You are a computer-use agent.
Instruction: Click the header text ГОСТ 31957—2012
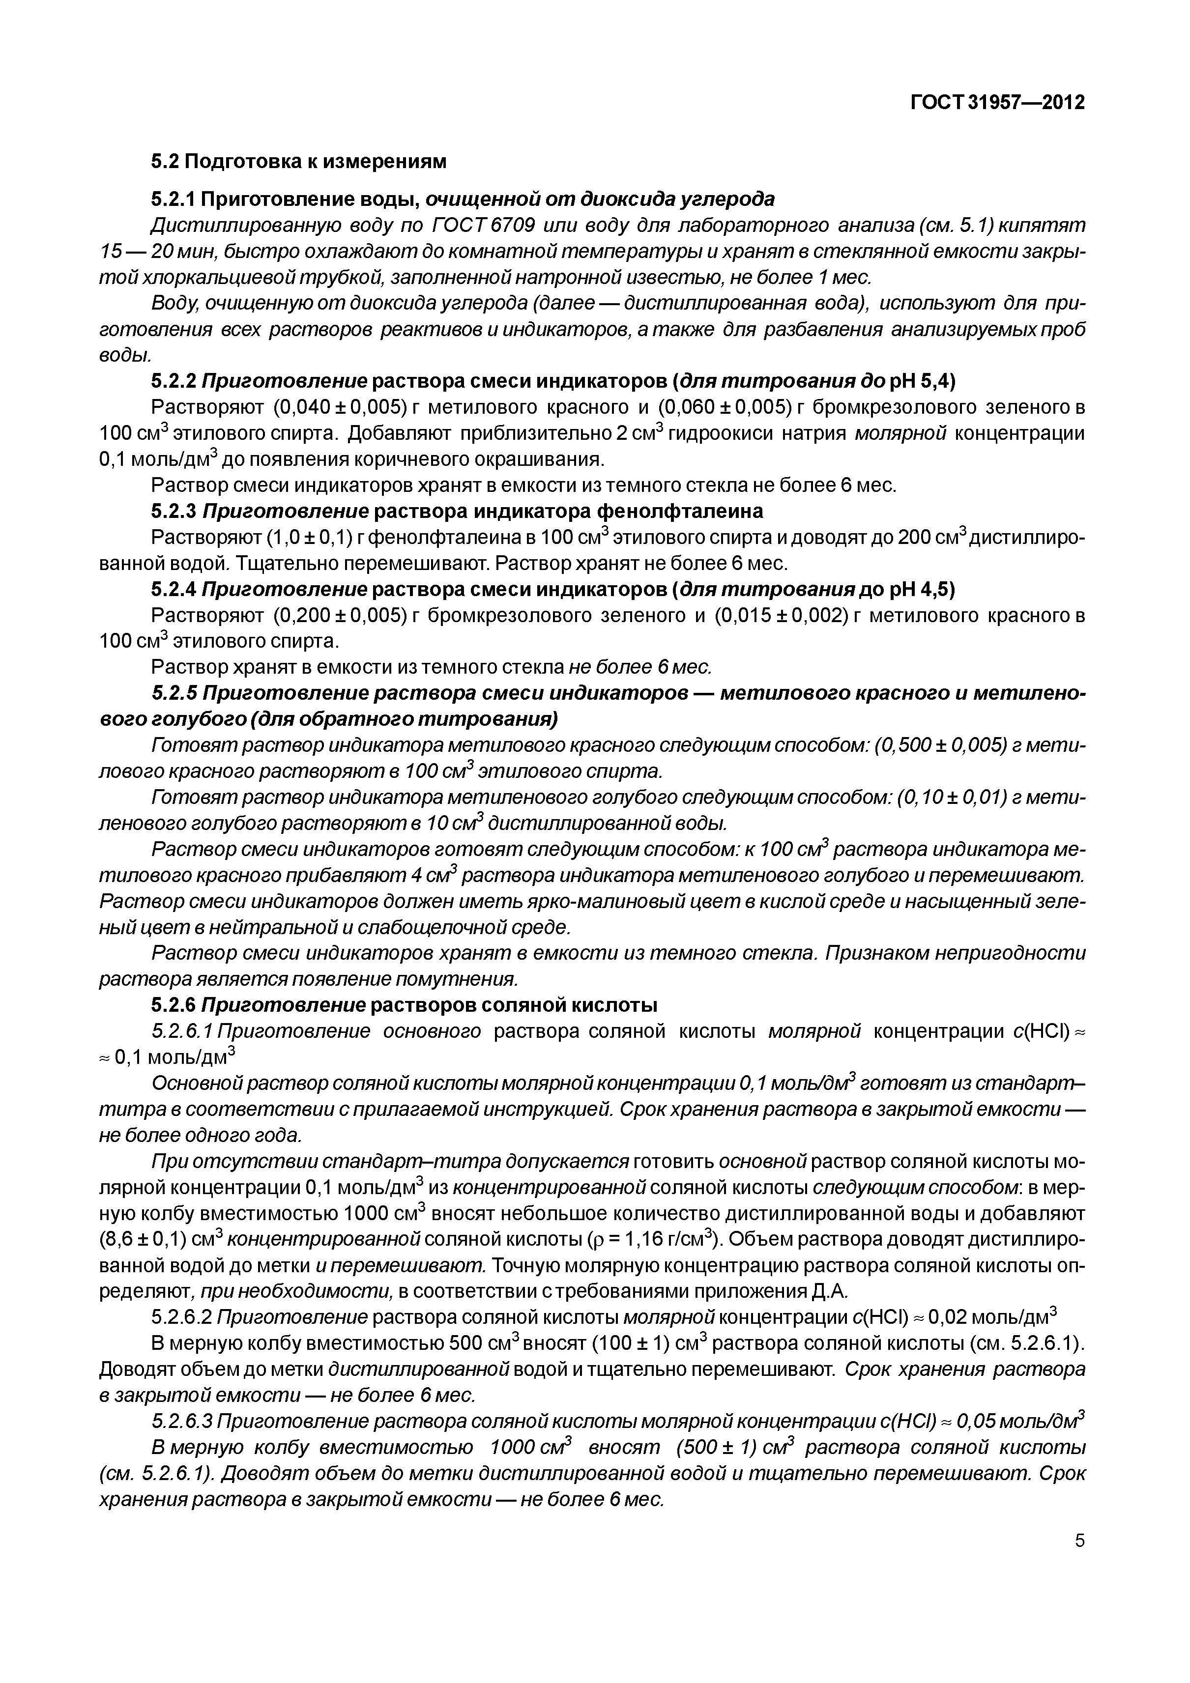point(997,103)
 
